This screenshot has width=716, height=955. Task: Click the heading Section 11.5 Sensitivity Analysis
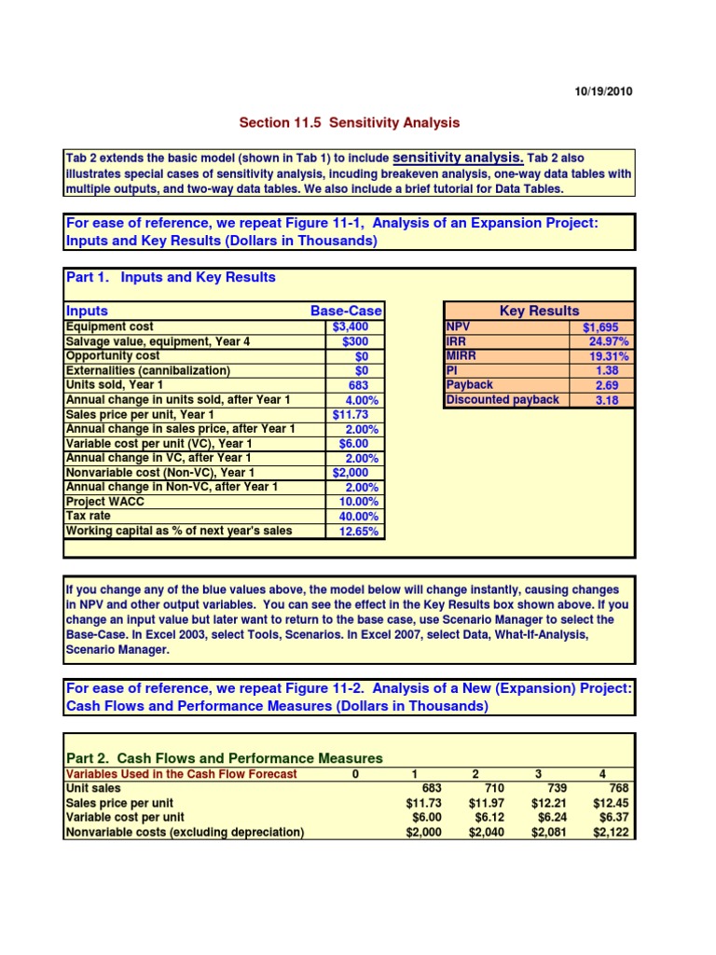pos(350,123)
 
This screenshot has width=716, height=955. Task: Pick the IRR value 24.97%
pos(604,341)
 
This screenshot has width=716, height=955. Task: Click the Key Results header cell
pos(539,311)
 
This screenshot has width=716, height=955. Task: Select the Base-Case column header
pos(346,311)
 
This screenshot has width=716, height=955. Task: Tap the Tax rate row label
pos(89,516)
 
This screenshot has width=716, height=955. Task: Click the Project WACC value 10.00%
pos(355,502)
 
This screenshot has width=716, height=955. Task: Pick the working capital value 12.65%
pos(355,532)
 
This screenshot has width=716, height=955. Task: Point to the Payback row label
pos(470,385)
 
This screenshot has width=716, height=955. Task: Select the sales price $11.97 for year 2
pos(485,803)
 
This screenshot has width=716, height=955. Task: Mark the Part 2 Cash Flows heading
pos(224,758)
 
